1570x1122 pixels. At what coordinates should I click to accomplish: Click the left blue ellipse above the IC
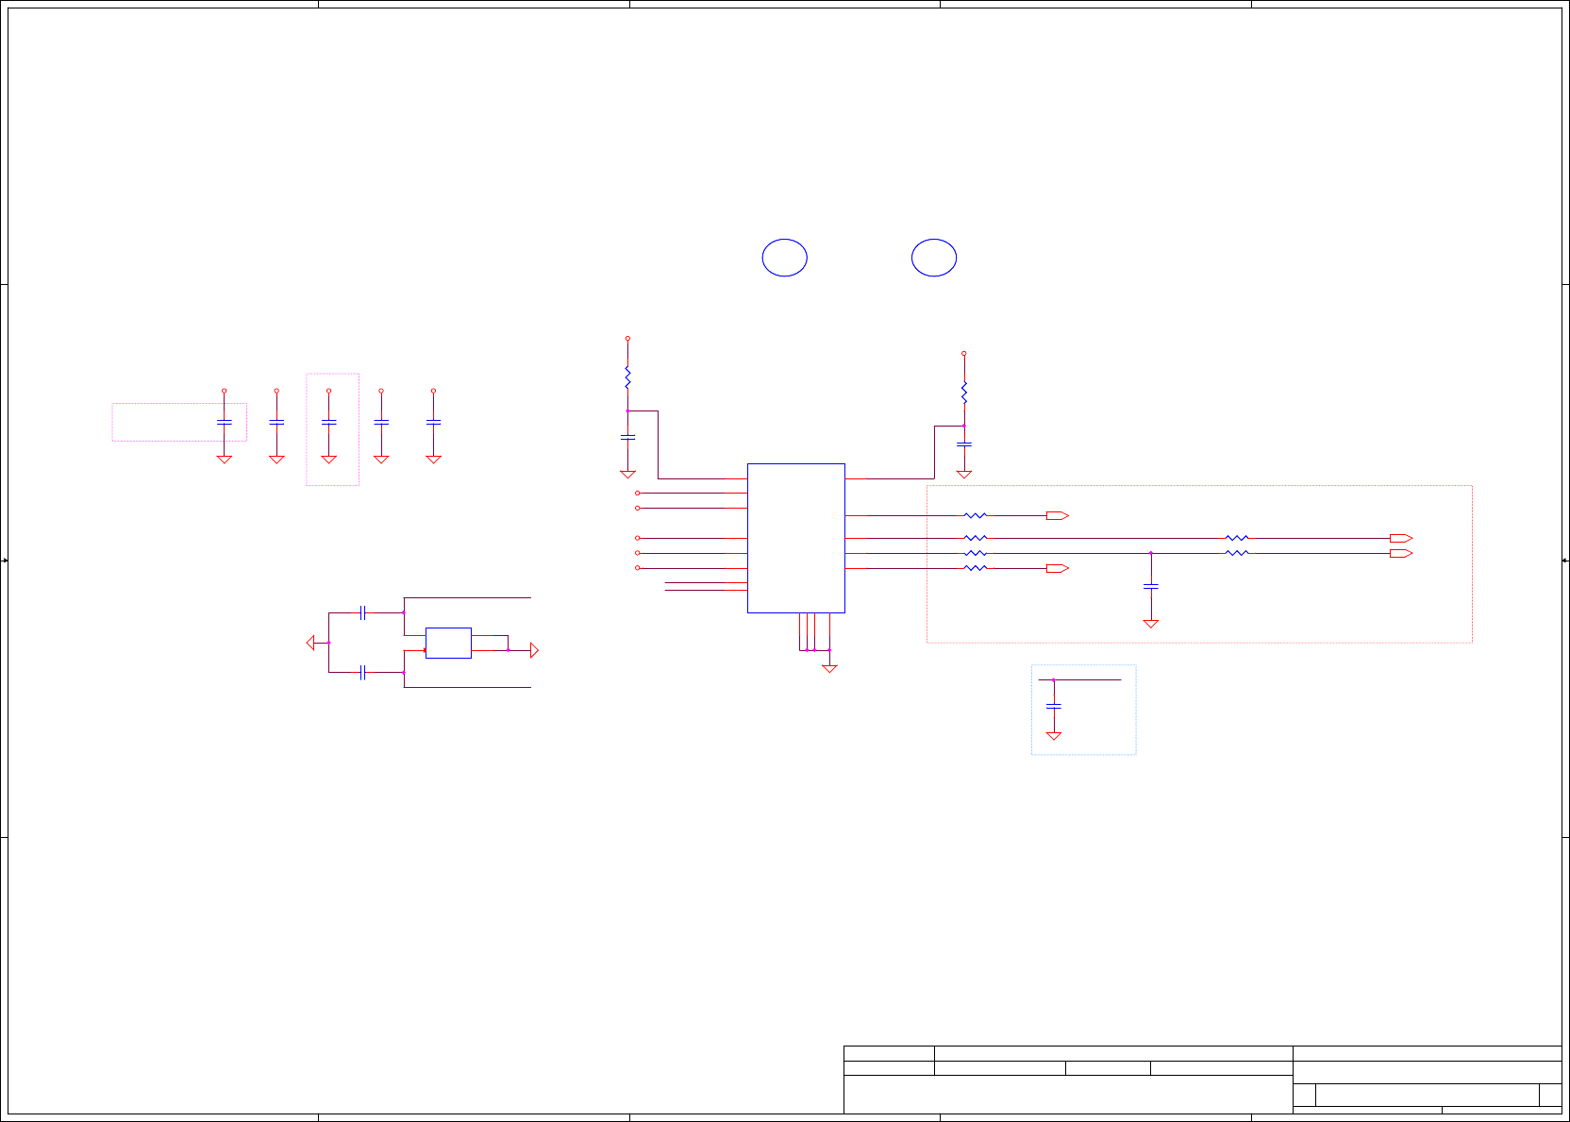pyautogui.click(x=784, y=258)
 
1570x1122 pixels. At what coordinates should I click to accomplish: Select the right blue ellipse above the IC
pyautogui.click(x=934, y=258)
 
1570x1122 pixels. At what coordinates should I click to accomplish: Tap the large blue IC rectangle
pyautogui.click(x=795, y=538)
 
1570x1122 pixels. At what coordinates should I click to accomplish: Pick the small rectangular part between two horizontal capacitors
pyautogui.click(x=448, y=643)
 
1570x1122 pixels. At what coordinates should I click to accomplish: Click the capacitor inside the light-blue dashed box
pyautogui.click(x=1054, y=706)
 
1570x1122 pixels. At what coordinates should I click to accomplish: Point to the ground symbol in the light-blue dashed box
pyautogui.click(x=1054, y=735)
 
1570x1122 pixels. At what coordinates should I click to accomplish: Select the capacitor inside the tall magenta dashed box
pyautogui.click(x=328, y=422)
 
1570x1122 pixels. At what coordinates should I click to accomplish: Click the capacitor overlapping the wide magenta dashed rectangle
pyautogui.click(x=225, y=422)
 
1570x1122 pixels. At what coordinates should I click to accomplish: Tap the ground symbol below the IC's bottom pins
pyautogui.click(x=829, y=668)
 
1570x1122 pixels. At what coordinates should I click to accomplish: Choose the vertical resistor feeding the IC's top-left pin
pyautogui.click(x=627, y=377)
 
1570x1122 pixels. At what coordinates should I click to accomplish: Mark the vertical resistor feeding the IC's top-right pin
pyautogui.click(x=963, y=393)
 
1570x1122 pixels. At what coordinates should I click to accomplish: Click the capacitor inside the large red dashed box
pyautogui.click(x=1151, y=587)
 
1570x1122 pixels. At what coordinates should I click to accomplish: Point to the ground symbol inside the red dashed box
pyautogui.click(x=1151, y=623)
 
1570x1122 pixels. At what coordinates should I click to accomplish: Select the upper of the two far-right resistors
pyautogui.click(x=1236, y=538)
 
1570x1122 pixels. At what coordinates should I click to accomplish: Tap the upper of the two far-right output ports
pyautogui.click(x=1401, y=538)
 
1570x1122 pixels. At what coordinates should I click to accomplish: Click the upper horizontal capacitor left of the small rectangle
pyautogui.click(x=362, y=613)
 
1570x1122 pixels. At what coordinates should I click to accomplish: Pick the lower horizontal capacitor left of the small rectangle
pyautogui.click(x=362, y=673)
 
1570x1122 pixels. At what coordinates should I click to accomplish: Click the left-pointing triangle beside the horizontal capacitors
pyautogui.click(x=310, y=643)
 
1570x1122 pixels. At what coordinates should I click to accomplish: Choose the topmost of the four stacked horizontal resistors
pyautogui.click(x=975, y=515)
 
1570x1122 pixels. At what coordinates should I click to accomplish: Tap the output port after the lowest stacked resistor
pyautogui.click(x=1057, y=568)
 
